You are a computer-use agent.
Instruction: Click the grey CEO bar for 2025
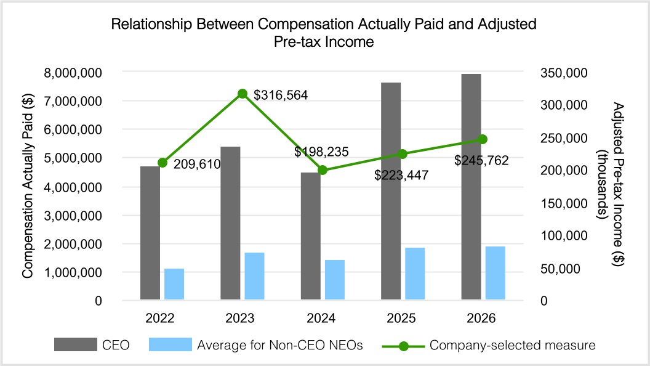point(391,191)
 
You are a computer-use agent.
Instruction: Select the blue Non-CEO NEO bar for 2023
point(255,276)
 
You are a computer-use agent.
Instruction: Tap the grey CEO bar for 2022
point(150,233)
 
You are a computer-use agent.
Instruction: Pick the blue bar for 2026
point(496,273)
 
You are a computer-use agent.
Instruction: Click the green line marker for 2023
point(243,94)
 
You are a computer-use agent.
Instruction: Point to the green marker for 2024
point(323,169)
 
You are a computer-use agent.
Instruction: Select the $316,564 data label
point(281,96)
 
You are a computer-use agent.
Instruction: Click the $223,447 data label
point(401,175)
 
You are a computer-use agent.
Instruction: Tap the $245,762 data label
point(481,160)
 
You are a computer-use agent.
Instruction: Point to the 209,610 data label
point(197,165)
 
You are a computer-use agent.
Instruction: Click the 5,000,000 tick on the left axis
point(73,158)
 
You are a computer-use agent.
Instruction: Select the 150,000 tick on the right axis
point(564,203)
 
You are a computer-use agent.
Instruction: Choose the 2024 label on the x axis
point(321,319)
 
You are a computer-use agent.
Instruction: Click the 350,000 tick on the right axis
point(564,73)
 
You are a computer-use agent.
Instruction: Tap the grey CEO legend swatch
point(76,344)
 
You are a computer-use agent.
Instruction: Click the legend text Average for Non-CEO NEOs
point(280,345)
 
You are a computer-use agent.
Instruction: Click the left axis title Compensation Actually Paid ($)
point(28,186)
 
